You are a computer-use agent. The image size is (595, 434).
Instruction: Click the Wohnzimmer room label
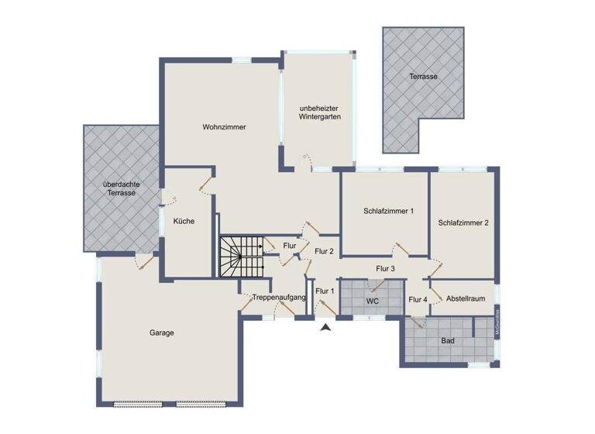(x=225, y=127)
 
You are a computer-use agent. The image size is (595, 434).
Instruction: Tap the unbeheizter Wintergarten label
(x=320, y=112)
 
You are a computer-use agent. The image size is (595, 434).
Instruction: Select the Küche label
(x=184, y=221)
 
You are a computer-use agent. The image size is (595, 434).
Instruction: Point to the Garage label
(x=162, y=332)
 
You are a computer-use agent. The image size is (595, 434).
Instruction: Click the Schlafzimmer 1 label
(x=389, y=211)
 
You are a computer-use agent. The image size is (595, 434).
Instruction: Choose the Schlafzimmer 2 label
(x=463, y=222)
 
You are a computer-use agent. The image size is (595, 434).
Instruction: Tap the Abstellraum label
(x=466, y=298)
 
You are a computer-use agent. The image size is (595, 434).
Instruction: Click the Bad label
(x=448, y=340)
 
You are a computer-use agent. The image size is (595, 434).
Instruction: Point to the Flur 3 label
(x=386, y=268)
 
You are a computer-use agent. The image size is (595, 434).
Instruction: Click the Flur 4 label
(x=418, y=299)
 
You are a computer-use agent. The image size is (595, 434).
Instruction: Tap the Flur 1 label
(x=325, y=291)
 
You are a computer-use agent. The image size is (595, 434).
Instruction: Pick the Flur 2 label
(x=325, y=250)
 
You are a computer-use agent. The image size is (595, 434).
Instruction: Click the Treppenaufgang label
(x=280, y=298)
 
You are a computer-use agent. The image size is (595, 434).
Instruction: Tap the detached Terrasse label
(x=424, y=77)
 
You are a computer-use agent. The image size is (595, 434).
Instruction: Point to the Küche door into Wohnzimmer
(x=205, y=184)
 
